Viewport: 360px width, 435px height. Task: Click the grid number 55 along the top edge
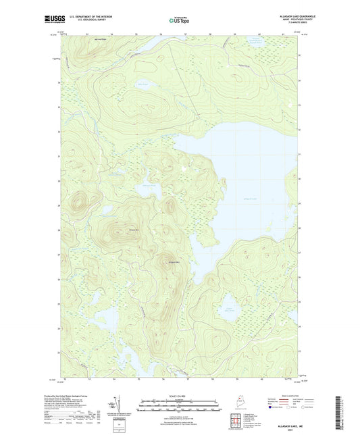coord(136,32)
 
